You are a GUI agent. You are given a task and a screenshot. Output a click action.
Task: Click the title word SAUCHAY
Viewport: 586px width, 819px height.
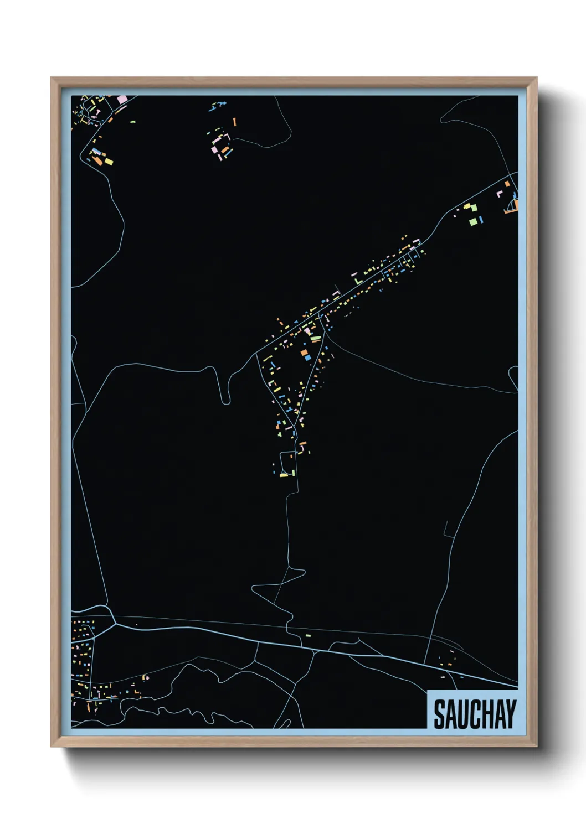pyautogui.click(x=475, y=714)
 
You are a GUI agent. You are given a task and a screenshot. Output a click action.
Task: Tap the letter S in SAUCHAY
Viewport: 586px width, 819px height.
pyautogui.click(x=440, y=714)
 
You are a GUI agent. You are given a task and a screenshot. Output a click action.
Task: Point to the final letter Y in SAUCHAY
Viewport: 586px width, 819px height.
pyautogui.click(x=511, y=714)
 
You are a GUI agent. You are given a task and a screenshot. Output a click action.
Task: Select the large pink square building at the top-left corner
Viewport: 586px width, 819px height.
pyautogui.click(x=122, y=100)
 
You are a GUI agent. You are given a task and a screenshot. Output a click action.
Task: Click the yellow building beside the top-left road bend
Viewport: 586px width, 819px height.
pyautogui.click(x=109, y=162)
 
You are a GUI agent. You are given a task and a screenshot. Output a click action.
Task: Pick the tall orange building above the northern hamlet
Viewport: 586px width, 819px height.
pyautogui.click(x=235, y=121)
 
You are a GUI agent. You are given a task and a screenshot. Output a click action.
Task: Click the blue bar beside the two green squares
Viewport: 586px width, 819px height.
pyautogui.click(x=481, y=220)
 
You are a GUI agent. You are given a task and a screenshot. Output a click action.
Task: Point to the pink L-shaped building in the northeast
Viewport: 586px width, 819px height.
pyautogui.click(x=499, y=194)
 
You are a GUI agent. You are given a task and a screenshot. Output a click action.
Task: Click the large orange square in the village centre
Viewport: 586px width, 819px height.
pyautogui.click(x=304, y=352)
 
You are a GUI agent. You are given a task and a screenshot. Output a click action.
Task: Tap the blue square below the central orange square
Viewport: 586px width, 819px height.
pyautogui.click(x=307, y=358)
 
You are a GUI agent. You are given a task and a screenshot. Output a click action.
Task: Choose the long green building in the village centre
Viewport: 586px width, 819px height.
pyautogui.click(x=315, y=339)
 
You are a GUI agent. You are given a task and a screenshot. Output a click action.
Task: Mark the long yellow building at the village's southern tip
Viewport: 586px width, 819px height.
pyautogui.click(x=284, y=475)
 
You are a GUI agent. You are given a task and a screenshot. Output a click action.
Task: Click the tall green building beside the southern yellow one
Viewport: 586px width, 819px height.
pyautogui.click(x=293, y=472)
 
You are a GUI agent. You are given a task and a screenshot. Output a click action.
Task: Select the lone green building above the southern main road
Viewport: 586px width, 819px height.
pyautogui.click(x=309, y=635)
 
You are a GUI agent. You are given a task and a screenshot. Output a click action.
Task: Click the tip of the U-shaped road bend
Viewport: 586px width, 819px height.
pyautogui.click(x=227, y=402)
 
